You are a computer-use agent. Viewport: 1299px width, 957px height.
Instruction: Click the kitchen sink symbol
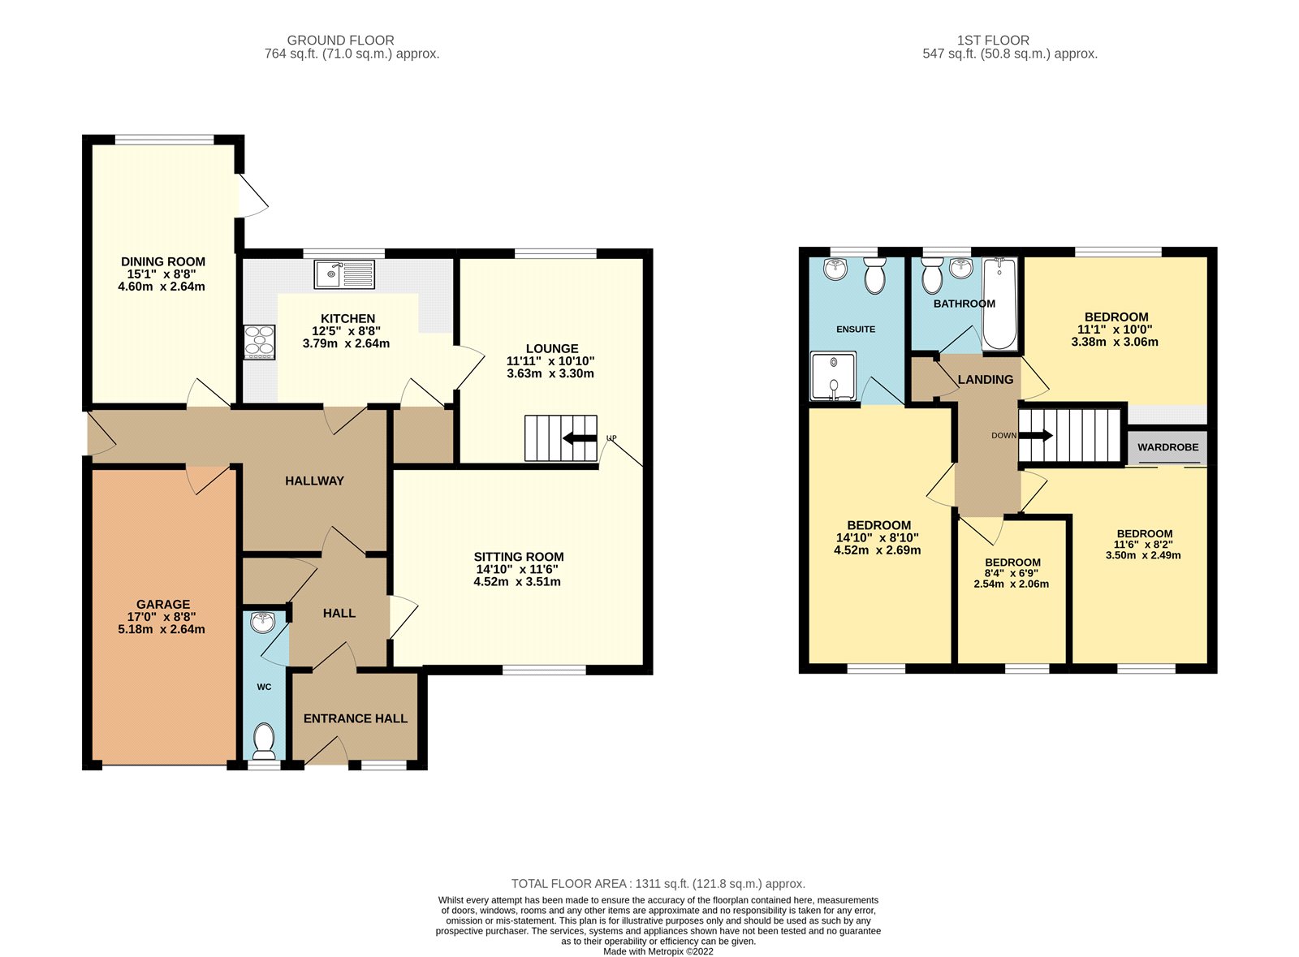click(x=345, y=274)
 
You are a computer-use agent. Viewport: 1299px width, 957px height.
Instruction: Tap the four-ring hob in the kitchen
click(x=260, y=342)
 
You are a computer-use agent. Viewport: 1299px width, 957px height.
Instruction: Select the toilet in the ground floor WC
click(x=264, y=739)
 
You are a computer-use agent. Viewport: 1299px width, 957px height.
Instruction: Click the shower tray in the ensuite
click(x=833, y=376)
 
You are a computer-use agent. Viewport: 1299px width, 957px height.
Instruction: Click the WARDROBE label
click(x=1167, y=447)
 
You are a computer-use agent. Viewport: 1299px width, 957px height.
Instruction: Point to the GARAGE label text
click(x=163, y=604)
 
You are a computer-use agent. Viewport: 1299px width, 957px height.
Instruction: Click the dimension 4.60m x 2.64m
click(x=162, y=287)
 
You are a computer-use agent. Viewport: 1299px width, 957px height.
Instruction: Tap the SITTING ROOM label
click(x=519, y=557)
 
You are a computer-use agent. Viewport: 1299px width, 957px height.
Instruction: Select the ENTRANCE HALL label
click(x=356, y=718)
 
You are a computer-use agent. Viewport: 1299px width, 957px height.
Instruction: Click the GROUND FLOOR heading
click(x=340, y=40)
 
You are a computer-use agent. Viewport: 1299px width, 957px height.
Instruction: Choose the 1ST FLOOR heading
click(x=993, y=40)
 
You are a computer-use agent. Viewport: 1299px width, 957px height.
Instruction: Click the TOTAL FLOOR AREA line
click(x=658, y=884)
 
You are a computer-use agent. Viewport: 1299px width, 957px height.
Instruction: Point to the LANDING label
click(x=985, y=379)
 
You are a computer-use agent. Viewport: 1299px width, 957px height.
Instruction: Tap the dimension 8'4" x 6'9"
click(x=1012, y=573)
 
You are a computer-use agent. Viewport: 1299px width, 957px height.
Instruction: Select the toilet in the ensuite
click(x=874, y=276)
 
